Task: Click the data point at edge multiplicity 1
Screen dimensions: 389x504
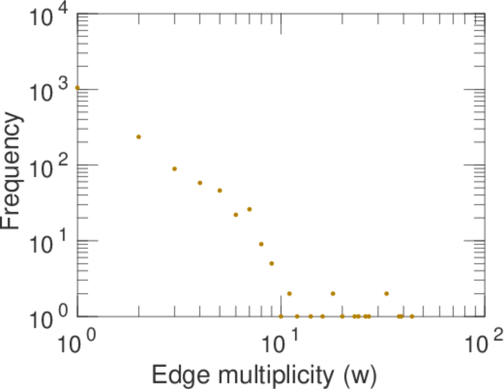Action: coord(77,88)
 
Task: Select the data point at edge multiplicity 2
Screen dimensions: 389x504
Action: coord(139,137)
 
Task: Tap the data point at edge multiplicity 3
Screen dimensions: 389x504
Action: coord(174,169)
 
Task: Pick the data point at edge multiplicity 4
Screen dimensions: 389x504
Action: coord(200,183)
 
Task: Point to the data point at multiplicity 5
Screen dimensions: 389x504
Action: coord(220,191)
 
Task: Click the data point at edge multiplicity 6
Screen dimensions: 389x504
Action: coord(236,215)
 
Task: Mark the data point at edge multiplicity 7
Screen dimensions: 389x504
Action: coord(249,209)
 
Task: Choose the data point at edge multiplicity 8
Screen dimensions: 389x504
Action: coord(261,244)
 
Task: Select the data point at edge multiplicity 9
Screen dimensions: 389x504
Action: coord(271,263)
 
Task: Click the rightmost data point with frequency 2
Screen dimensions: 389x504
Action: coord(386,294)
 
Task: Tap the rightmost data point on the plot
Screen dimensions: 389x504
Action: coord(411,316)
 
